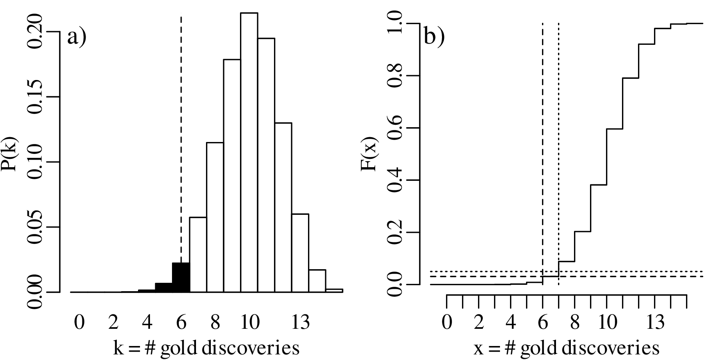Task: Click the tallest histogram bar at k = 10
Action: coord(249,152)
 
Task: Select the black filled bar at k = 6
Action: coord(181,278)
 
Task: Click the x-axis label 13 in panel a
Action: coord(300,322)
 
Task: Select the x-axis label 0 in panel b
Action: coord(447,322)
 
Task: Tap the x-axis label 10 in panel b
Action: coord(607,322)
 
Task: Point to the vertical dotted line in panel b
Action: coord(558,120)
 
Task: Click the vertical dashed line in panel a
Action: coord(181,120)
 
